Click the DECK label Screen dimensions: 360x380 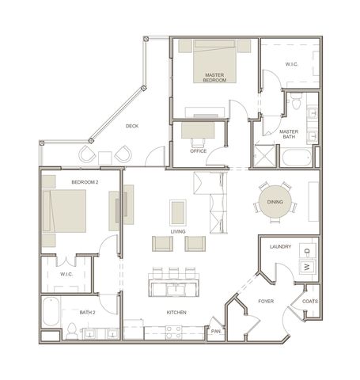[132, 126]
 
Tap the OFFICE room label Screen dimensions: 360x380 [199, 151]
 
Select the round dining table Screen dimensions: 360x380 [275, 202]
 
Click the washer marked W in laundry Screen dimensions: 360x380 [307, 267]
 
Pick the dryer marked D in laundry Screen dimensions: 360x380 [307, 251]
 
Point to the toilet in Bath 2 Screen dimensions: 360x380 [71, 331]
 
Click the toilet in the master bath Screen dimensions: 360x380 [296, 101]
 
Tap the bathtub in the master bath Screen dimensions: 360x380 [297, 158]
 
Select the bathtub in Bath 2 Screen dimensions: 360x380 [51, 312]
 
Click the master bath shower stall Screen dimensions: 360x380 [264, 156]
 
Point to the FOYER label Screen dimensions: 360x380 [266, 301]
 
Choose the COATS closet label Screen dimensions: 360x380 [310, 301]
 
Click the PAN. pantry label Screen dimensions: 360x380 [216, 331]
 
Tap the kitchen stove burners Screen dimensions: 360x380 [173, 332]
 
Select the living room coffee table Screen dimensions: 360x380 [178, 213]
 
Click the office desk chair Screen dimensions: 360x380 [199, 142]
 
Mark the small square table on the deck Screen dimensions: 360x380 [105, 158]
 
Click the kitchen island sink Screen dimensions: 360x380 [176, 290]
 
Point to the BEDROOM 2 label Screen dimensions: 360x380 [85, 182]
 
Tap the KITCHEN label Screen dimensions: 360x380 [176, 313]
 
